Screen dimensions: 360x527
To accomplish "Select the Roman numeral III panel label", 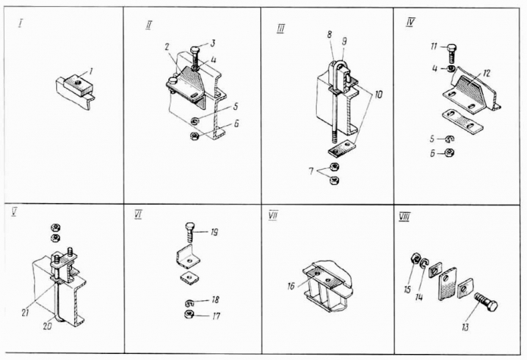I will coord(281,29).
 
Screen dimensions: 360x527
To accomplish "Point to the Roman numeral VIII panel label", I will coord(404,218).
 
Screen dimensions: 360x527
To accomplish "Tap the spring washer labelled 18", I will coord(190,302).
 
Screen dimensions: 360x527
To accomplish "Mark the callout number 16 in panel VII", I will coord(292,286).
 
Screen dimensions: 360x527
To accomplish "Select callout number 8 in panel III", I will coord(329,35).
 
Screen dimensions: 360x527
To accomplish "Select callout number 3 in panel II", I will coord(213,43).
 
